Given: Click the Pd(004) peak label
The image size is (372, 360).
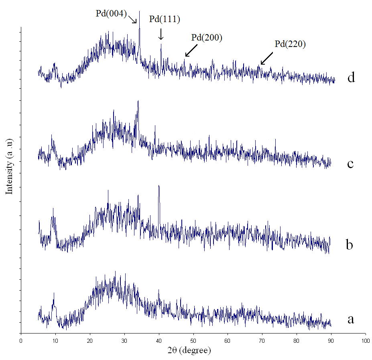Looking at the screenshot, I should coord(111,14).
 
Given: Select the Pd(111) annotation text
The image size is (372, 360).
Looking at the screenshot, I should coord(165,19).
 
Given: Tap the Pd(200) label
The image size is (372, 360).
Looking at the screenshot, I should coord(207,38).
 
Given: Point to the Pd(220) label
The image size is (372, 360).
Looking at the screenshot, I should coord(290,44).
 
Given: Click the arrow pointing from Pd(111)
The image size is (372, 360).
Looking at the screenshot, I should coord(161,34).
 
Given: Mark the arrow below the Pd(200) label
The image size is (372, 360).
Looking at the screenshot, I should coord(191,51).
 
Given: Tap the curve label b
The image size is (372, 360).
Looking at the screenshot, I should coord(350,244).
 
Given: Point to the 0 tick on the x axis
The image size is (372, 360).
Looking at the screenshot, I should coord(21,340).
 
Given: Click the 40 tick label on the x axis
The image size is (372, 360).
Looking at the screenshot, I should coord(159,340).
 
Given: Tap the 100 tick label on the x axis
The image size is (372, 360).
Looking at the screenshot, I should coord(366,340).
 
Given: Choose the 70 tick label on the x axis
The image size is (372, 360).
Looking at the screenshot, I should coord(262,340).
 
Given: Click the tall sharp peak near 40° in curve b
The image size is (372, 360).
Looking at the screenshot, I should coord(159,187).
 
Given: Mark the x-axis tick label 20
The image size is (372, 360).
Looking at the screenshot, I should coord(90,340).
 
